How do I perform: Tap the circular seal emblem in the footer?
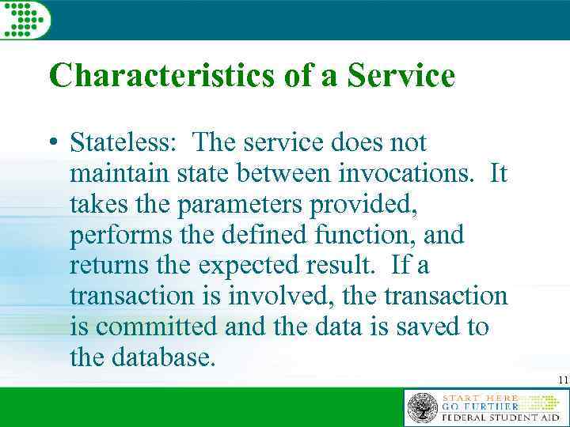pyautogui.click(x=423, y=408)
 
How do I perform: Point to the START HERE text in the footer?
pyautogui.click(x=481, y=398)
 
